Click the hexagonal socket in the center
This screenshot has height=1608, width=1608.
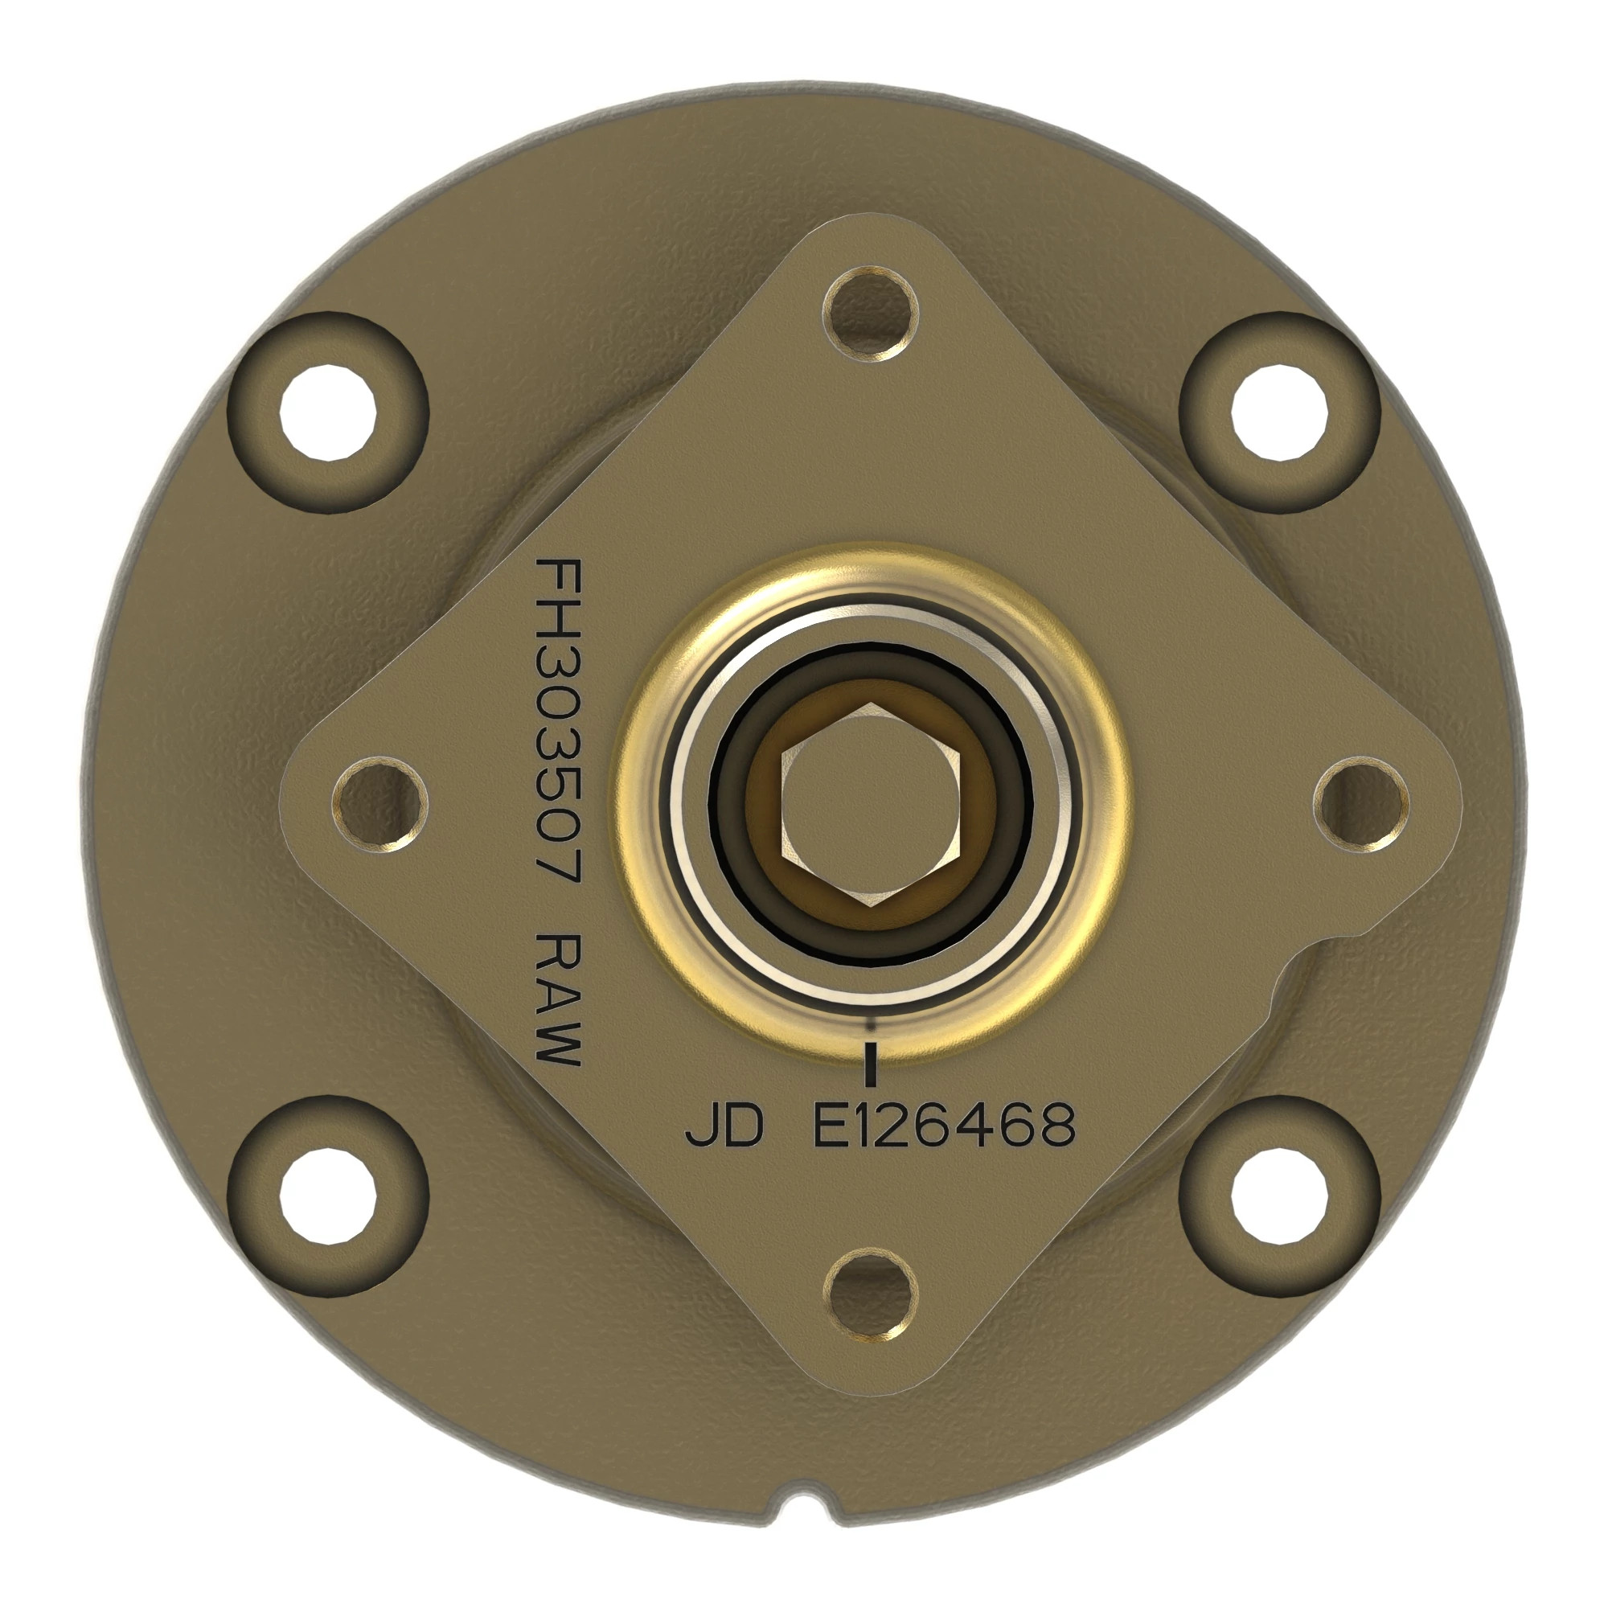click(871, 805)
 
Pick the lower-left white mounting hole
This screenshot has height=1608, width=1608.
click(327, 1196)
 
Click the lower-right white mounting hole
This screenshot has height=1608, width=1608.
click(1279, 1196)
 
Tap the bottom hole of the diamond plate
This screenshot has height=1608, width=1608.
click(871, 1295)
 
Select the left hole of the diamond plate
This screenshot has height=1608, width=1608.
click(380, 804)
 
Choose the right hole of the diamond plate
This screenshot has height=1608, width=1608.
click(1362, 804)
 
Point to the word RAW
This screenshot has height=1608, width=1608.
click(558, 999)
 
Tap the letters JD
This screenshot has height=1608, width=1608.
click(724, 1126)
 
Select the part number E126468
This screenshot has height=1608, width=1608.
click(944, 1126)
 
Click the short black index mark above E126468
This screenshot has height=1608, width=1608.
click(872, 1064)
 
